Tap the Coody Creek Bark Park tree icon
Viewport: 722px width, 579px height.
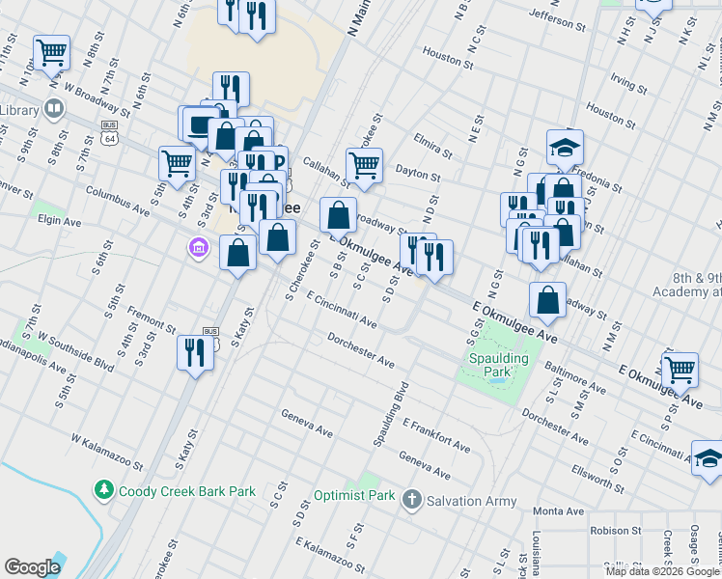(x=104, y=491)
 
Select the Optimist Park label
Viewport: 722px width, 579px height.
(x=354, y=496)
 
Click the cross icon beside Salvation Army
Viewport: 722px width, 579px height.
(x=412, y=499)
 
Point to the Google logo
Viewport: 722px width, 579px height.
(x=33, y=567)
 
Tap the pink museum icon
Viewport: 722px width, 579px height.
(x=199, y=249)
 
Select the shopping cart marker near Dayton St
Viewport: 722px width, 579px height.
(x=364, y=165)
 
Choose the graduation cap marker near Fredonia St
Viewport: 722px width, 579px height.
(x=565, y=147)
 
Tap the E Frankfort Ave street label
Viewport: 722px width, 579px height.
(x=436, y=436)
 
